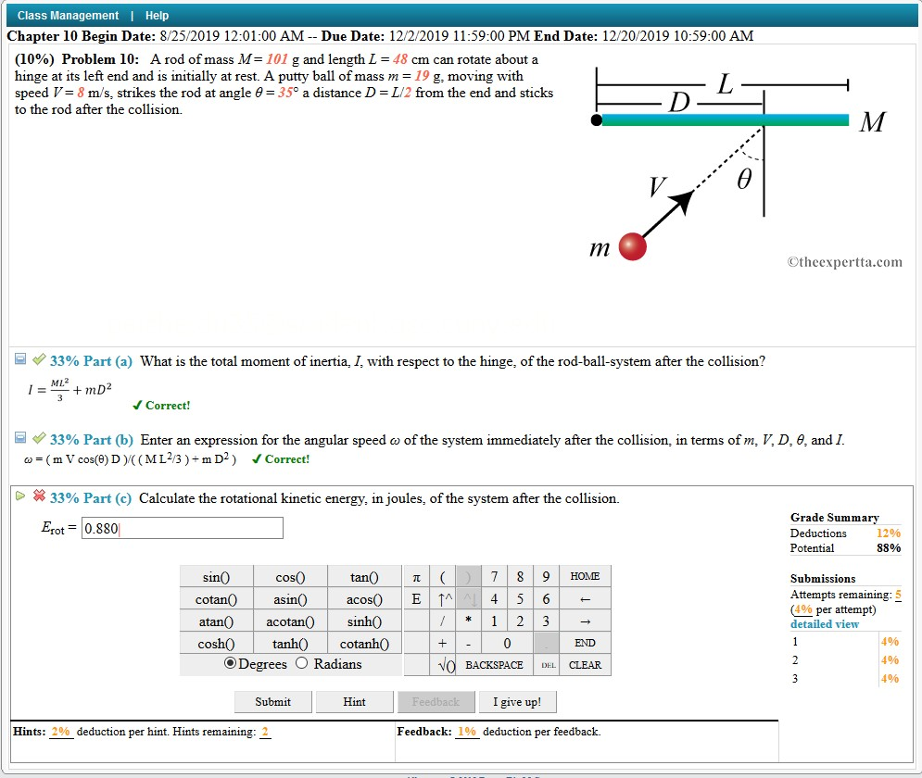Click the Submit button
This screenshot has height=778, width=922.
tap(272, 702)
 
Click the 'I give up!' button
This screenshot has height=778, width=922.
tap(517, 702)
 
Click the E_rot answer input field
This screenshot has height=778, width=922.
tap(182, 529)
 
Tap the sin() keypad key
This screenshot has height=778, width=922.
tap(216, 577)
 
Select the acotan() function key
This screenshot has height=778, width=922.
tap(290, 621)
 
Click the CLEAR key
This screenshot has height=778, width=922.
tap(585, 665)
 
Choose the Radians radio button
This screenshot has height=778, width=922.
tap(301, 663)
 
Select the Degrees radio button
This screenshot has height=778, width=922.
tap(230, 663)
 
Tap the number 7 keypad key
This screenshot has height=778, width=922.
tap(494, 577)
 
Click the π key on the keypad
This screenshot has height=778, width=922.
tap(416, 577)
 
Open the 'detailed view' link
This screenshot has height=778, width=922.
tap(824, 624)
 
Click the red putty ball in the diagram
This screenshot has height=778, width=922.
tap(632, 246)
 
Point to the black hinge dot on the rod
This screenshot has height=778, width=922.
tap(597, 120)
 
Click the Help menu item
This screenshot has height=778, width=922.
tap(158, 16)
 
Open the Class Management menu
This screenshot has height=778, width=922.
tap(68, 16)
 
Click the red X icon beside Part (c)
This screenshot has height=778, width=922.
tap(39, 496)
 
